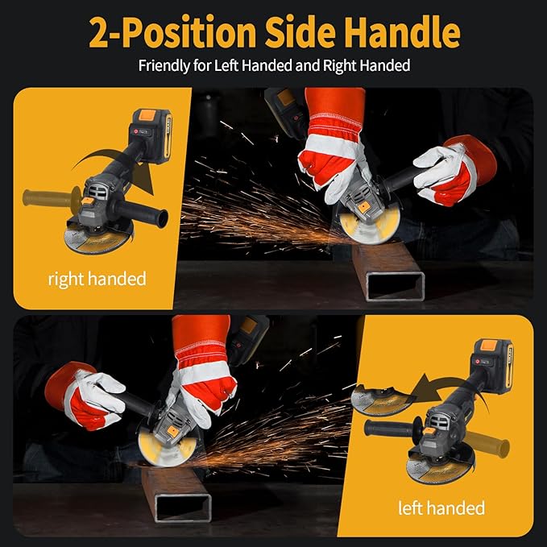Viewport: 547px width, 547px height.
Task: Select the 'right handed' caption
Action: (97, 280)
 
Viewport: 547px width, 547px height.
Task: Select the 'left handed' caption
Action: (441, 508)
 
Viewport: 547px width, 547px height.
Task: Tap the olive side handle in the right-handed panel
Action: (48, 196)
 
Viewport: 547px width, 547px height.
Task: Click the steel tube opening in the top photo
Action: (395, 286)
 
